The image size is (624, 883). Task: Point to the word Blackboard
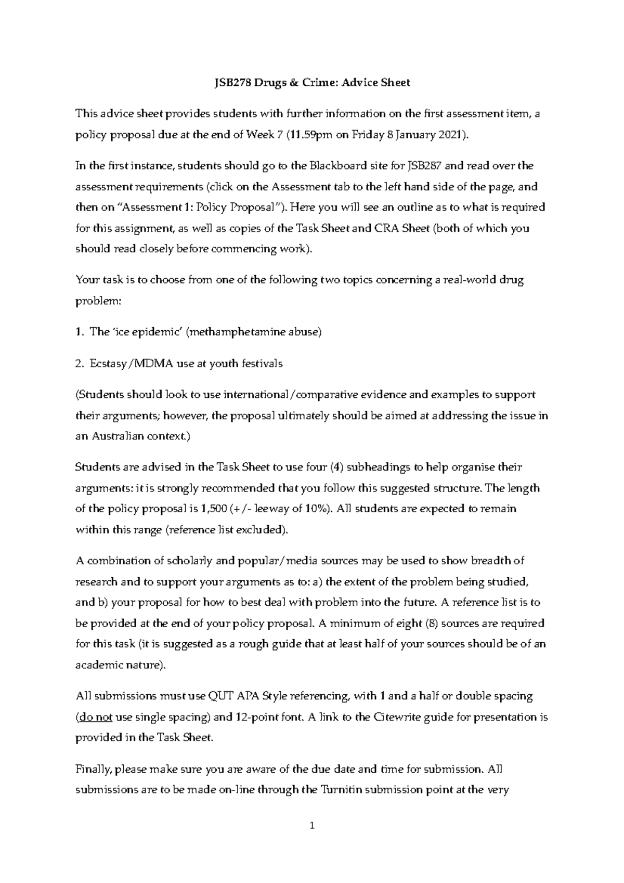(337, 166)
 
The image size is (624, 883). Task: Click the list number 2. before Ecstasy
(80, 363)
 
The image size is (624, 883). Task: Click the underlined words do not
(95, 717)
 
